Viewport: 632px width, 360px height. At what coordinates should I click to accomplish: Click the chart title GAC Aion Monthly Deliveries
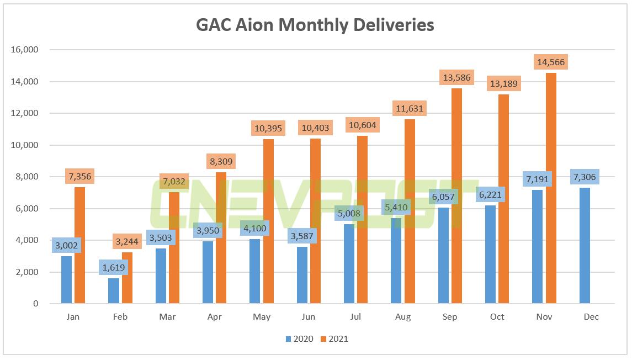tap(315, 25)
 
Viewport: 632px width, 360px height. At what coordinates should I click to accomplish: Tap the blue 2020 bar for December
tap(585, 246)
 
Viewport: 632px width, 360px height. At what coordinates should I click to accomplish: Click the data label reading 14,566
tap(551, 62)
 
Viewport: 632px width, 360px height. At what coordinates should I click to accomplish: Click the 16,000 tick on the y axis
tap(24, 50)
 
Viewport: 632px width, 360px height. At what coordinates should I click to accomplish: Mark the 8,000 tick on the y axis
tap(26, 177)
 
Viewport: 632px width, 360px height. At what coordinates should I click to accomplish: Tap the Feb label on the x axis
tap(120, 317)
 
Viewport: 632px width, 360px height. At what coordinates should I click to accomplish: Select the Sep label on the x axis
tap(450, 317)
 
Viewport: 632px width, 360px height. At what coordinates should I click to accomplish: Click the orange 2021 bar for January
tap(80, 246)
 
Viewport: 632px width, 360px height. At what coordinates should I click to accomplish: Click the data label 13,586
tap(456, 78)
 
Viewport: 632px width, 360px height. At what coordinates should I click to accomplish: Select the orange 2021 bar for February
tap(127, 278)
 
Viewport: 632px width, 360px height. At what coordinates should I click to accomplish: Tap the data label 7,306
tap(585, 177)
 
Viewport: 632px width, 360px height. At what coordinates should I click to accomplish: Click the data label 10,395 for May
tap(268, 129)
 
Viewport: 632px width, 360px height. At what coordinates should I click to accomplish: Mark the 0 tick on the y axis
tap(35, 304)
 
